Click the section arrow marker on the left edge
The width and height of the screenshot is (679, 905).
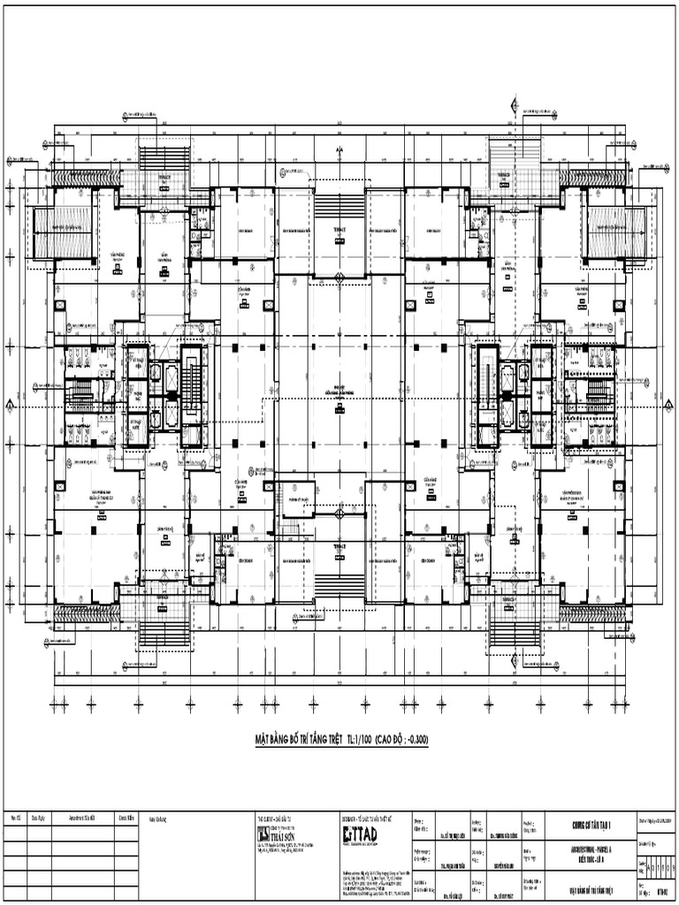[10, 405]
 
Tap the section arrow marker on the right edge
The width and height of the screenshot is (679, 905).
[668, 405]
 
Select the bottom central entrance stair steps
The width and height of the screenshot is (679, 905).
[339, 584]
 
